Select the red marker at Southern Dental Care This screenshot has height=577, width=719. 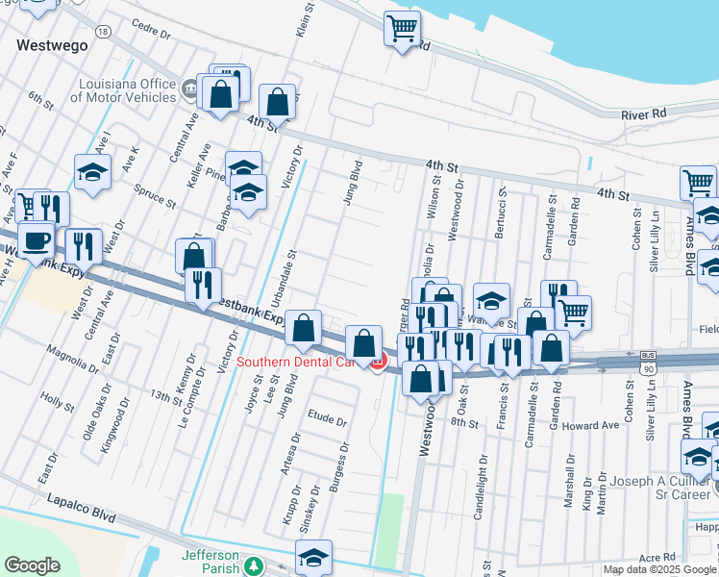(378, 363)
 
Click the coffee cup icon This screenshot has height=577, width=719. (37, 240)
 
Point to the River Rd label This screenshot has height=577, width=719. (643, 114)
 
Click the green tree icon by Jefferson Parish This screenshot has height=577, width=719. (253, 566)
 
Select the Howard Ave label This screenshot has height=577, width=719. (590, 425)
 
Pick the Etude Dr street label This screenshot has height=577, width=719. (326, 419)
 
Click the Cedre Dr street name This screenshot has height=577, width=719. (150, 33)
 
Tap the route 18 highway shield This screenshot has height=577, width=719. (102, 32)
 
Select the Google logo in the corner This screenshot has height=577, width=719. (32, 565)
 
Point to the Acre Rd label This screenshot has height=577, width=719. (657, 557)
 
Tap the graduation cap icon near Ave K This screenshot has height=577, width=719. (92, 173)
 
